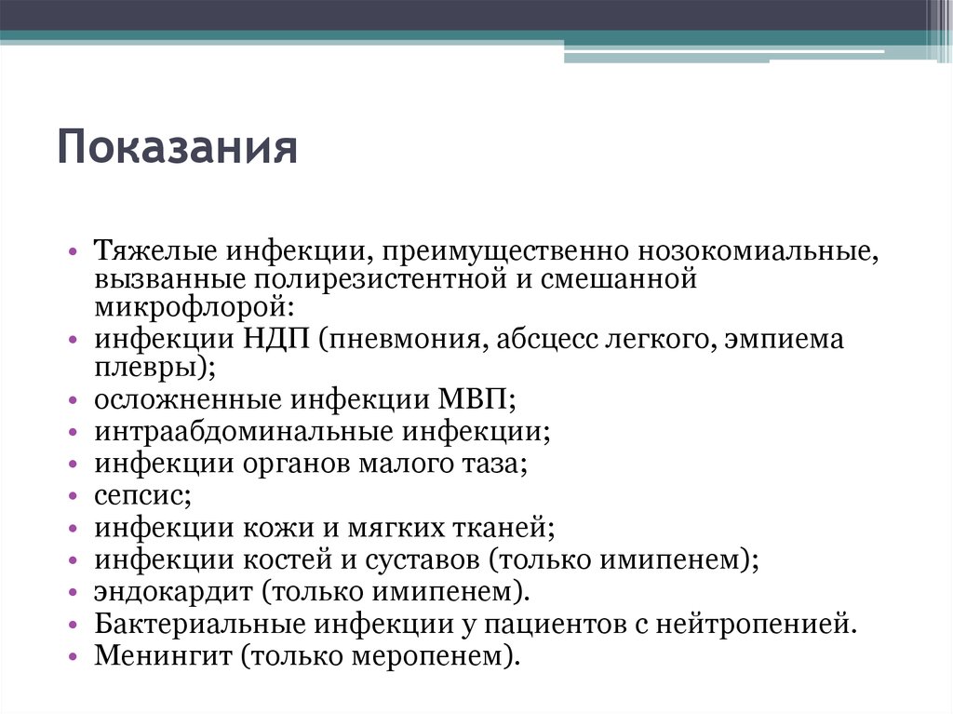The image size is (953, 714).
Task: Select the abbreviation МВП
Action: click(x=472, y=400)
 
